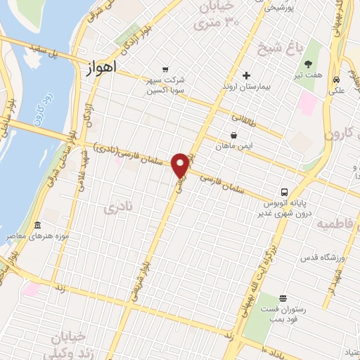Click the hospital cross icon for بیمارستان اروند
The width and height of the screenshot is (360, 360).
[x=246, y=75]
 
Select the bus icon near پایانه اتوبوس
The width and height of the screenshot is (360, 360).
[x=284, y=192]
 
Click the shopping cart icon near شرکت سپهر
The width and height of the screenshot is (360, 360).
[x=165, y=69]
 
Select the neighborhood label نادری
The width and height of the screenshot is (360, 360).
[x=117, y=208]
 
